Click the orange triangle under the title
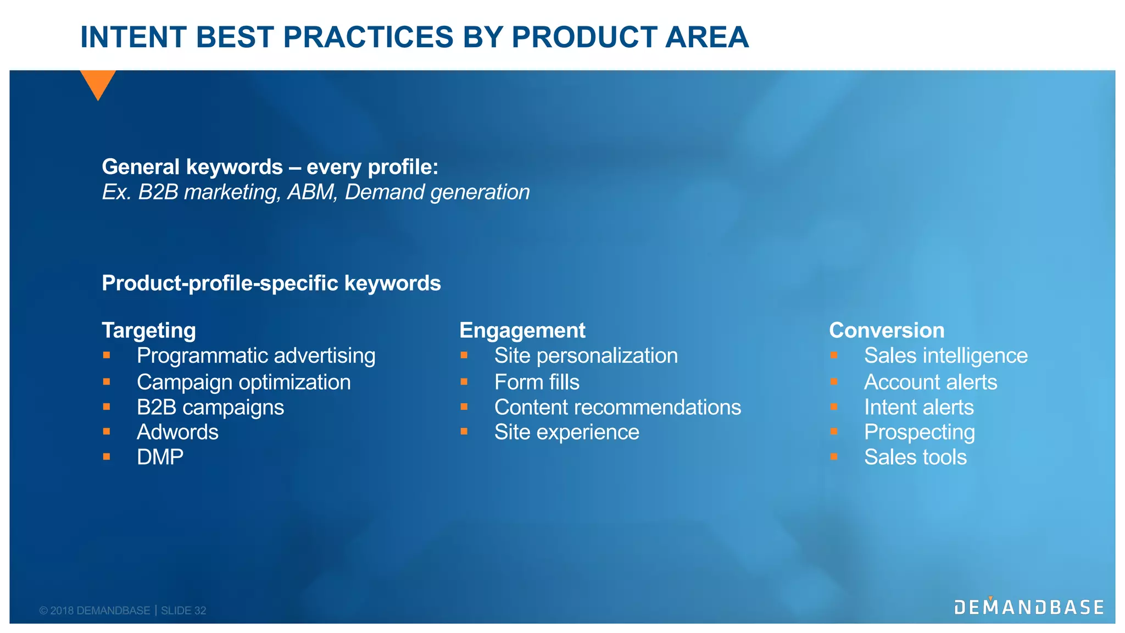pos(98,82)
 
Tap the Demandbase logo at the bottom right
pos(1029,607)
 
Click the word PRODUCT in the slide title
pos(583,37)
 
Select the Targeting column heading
pos(149,330)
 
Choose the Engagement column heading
pos(522,330)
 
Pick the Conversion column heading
pos(887,330)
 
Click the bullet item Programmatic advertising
pos(256,356)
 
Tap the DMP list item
pos(160,457)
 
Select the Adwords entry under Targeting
pos(177,432)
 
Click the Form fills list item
pos(537,382)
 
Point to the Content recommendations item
pos(617,407)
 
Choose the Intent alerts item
pos(918,407)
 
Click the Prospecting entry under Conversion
pos(919,432)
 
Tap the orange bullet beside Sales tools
pos(834,457)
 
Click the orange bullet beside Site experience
pos(464,431)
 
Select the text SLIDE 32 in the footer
pos(183,610)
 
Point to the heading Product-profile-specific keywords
pos(271,284)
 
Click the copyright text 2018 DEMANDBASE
pos(100,610)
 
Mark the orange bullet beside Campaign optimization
pos(107,381)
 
